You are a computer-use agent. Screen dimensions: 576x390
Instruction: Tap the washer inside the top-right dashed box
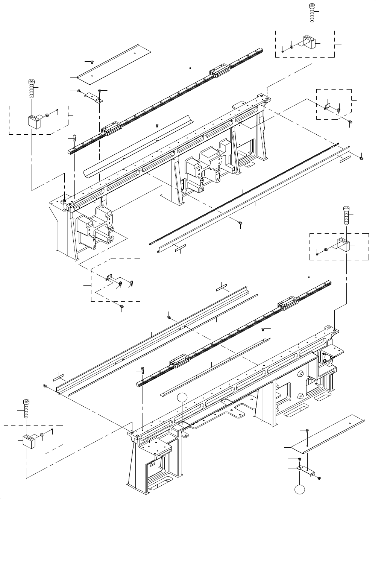pos(291,47)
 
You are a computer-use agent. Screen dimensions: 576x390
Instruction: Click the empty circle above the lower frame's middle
pos(182,397)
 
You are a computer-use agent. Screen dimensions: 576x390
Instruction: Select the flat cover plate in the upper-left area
pos(113,62)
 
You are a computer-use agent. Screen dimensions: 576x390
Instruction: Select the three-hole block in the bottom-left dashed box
pos(29,441)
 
